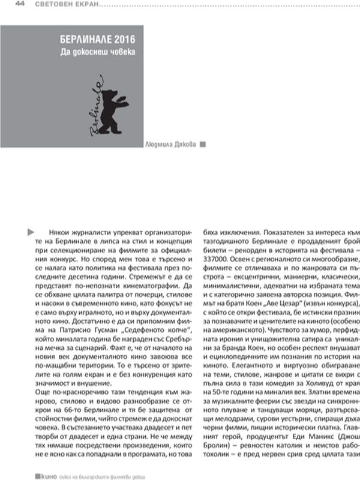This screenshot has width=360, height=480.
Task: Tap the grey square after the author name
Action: point(203,144)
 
